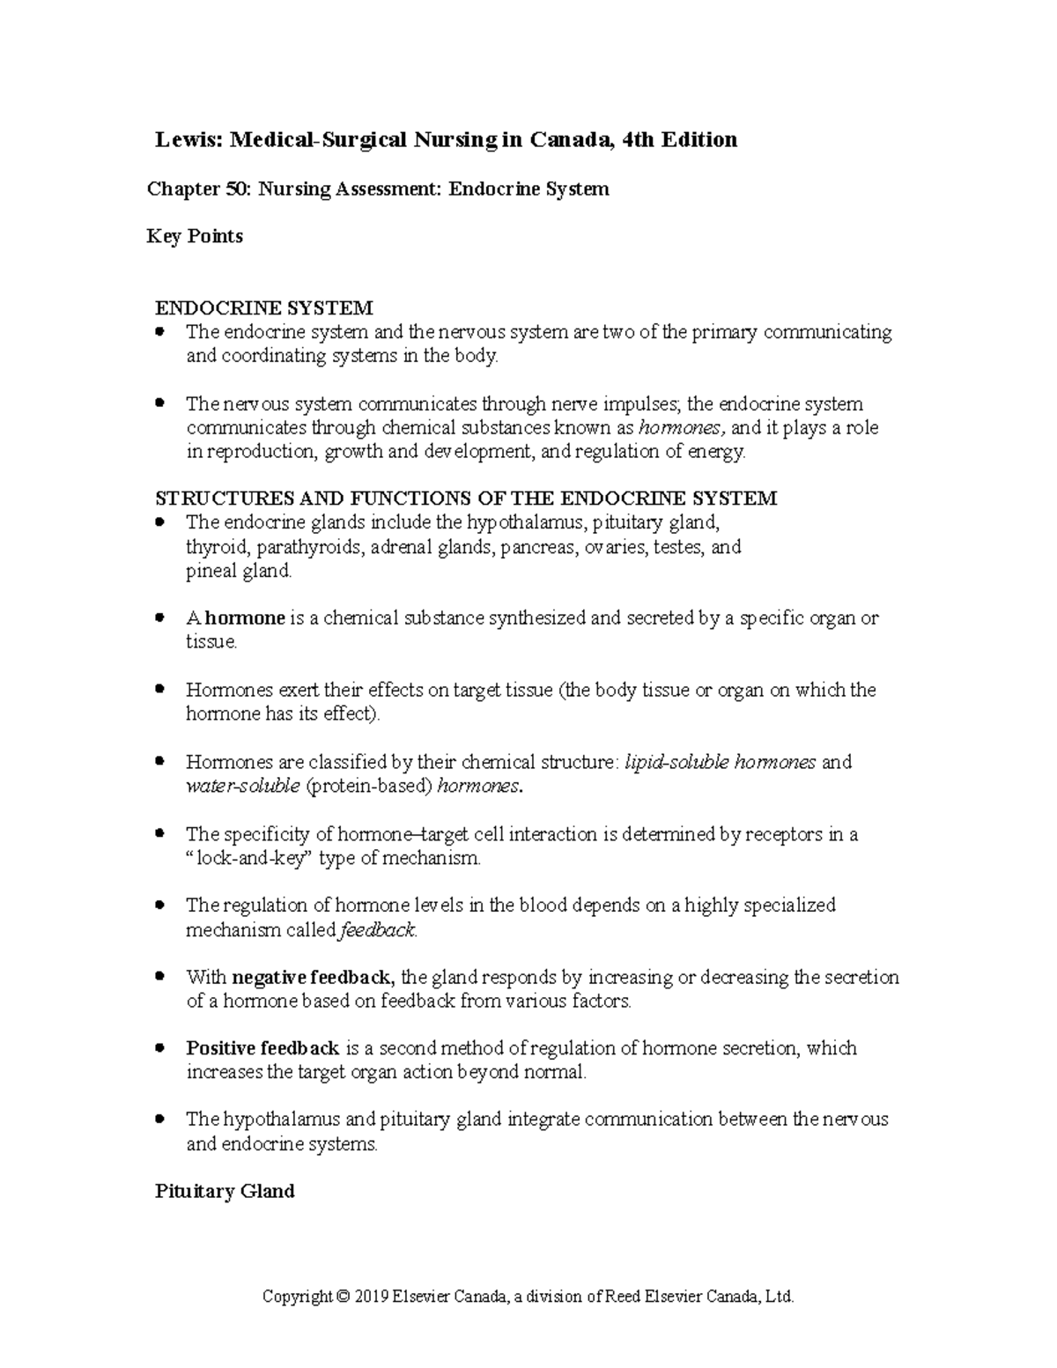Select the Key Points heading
pos(195,236)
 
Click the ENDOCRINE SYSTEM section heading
pos(264,308)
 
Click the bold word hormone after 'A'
pos(245,618)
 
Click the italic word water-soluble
pos(243,787)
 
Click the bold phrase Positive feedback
pos(262,1049)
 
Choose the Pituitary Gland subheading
pos(225,1192)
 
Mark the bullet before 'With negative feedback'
pos(159,977)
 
